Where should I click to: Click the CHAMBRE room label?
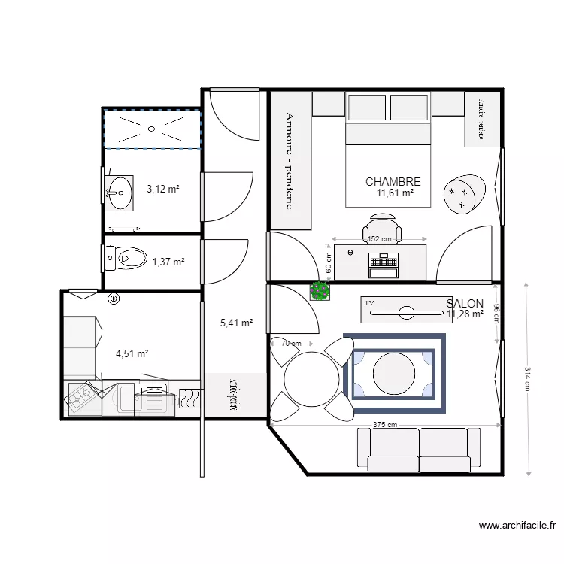coord(393,182)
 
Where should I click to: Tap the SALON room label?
coord(464,303)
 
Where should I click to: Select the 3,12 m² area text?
coord(162,190)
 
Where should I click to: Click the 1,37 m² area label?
coord(168,262)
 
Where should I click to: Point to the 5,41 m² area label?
coord(236,323)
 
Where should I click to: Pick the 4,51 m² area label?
coord(132,353)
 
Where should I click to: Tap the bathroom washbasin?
coord(119,192)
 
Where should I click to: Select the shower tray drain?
coord(153,129)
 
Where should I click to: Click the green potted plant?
coord(320,290)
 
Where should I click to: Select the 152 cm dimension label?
coord(380,240)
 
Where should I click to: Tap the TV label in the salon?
coord(369,302)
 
